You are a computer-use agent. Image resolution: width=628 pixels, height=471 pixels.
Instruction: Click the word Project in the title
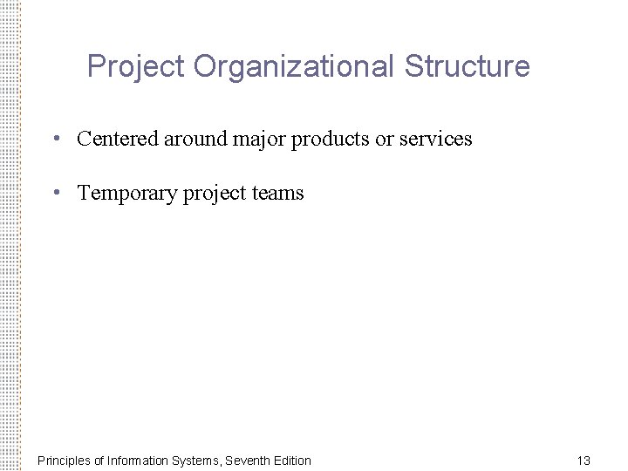136,66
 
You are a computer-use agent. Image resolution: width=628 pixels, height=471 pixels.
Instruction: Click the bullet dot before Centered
56,138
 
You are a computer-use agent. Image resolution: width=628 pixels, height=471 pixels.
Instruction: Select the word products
326,139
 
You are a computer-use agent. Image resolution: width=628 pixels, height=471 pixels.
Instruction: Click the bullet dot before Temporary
56,192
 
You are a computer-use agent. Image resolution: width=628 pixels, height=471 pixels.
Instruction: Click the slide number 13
584,460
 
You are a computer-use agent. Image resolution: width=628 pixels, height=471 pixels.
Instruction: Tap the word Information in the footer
136,460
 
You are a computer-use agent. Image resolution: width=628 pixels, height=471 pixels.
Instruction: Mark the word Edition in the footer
291,460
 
